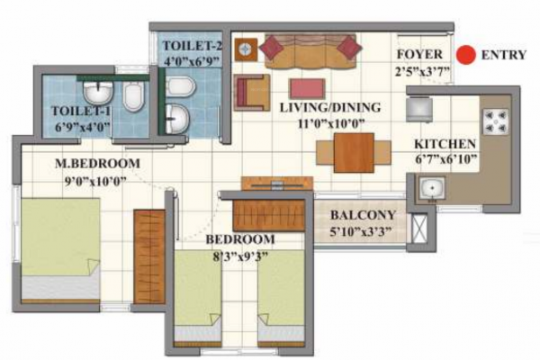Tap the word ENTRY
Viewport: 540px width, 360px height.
[x=504, y=55]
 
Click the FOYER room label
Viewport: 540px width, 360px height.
[x=418, y=55]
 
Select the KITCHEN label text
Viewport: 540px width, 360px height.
[x=444, y=144]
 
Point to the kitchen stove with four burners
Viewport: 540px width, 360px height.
[x=495, y=121]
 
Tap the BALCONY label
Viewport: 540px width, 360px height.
[x=362, y=215]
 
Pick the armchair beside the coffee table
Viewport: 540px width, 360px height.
[x=252, y=92]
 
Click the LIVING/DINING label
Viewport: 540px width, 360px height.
[x=329, y=108]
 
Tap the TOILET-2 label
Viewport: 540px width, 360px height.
[x=193, y=45]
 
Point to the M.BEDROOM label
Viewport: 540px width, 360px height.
[x=97, y=164]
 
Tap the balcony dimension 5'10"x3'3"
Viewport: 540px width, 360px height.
[x=362, y=231]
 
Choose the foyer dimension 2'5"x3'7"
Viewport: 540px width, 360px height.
[x=421, y=72]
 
